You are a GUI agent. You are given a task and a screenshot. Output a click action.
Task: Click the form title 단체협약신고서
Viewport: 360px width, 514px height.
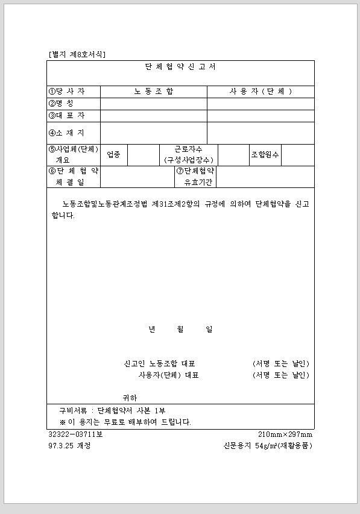pos(180,67)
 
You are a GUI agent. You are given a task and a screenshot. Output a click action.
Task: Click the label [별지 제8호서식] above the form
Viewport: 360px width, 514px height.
pos(77,55)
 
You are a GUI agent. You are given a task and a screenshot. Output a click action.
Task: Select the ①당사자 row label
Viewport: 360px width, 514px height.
pos(67,92)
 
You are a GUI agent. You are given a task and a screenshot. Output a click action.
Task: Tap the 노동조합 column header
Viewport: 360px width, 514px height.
pos(153,92)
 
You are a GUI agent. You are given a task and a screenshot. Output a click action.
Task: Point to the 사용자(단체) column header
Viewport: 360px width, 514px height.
pos(261,92)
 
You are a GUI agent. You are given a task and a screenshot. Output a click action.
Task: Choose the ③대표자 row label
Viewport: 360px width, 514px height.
pos(67,115)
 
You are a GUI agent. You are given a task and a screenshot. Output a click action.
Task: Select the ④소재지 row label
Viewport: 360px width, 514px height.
pos(67,133)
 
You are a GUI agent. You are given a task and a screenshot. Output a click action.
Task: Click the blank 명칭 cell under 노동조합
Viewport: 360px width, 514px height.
pos(153,104)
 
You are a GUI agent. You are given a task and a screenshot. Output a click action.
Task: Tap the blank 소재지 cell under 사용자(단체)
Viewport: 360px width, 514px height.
pos(261,133)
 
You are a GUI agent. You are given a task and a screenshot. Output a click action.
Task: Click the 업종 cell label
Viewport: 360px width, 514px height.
pos(113,155)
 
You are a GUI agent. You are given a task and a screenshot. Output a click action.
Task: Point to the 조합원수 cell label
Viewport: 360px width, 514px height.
pos(265,155)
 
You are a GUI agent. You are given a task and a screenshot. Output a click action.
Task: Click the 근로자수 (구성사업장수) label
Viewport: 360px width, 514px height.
pos(188,155)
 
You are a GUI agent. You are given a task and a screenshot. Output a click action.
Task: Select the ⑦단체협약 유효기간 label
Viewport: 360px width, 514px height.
pos(195,177)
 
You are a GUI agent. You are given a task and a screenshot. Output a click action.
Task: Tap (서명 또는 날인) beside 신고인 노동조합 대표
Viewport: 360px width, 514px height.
pos(280,363)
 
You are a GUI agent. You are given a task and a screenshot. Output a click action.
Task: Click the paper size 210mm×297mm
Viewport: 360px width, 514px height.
pos(285,434)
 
